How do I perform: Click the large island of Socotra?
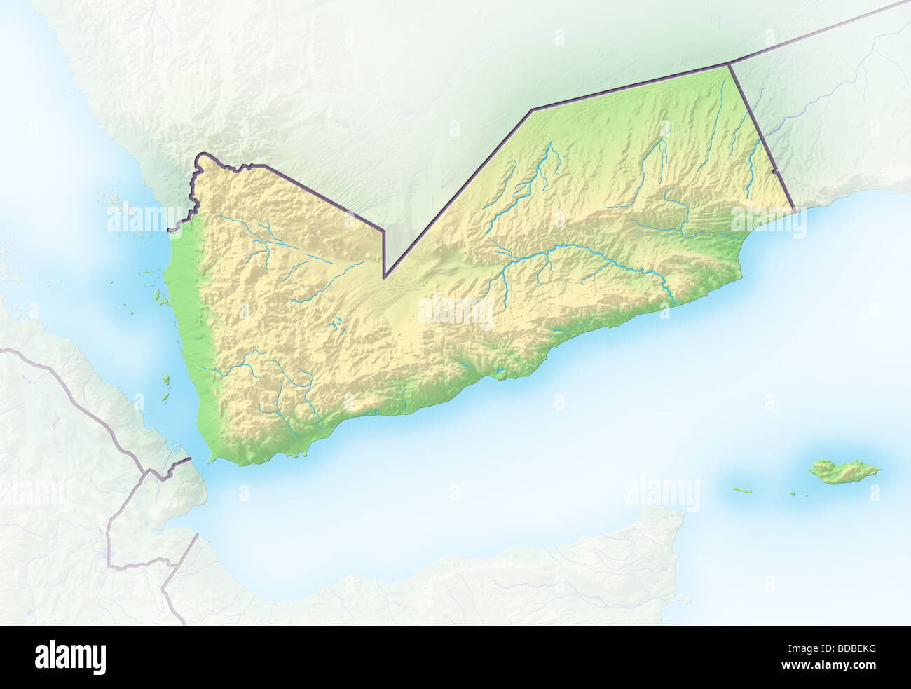(x=840, y=471)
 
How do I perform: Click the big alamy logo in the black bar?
(x=70, y=657)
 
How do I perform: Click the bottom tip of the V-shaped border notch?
(x=385, y=278)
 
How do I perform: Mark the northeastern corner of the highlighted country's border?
(x=729, y=64)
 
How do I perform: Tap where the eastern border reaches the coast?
(x=795, y=210)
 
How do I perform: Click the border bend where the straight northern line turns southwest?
(x=532, y=110)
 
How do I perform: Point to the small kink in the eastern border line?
(x=775, y=171)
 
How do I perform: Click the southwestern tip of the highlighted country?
(x=212, y=459)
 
